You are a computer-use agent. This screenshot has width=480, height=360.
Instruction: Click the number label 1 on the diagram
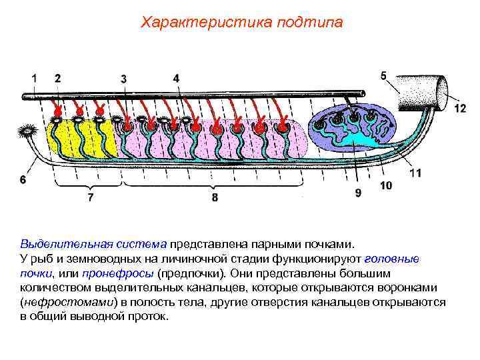tap(34, 79)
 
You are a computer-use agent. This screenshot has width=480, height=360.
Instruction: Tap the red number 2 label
tap(57, 78)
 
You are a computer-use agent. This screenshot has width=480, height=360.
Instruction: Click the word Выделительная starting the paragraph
tap(62, 245)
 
